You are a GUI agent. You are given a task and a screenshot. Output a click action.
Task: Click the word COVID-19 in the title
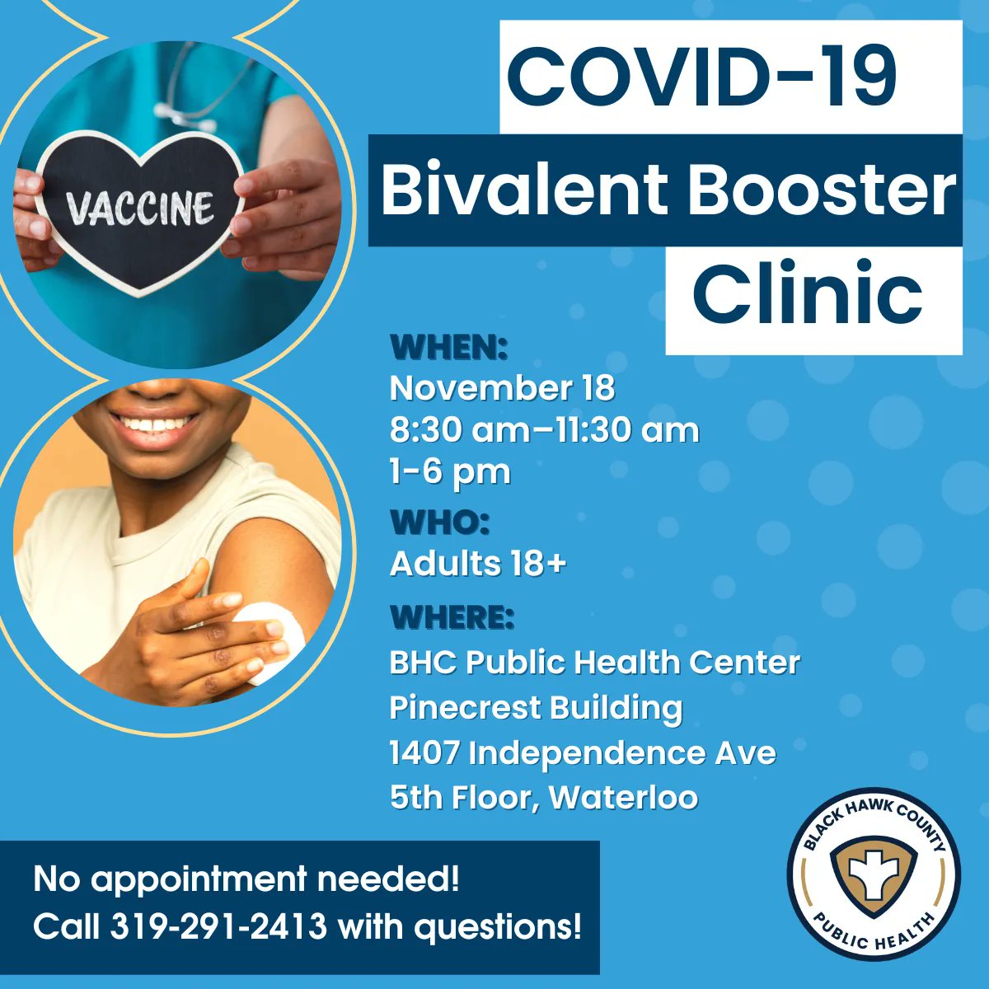[701, 77]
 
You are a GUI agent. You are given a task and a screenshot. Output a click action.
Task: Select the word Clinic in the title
[807, 293]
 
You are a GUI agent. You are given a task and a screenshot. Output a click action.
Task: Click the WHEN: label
[448, 348]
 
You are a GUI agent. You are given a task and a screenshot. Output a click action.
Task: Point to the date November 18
[502, 388]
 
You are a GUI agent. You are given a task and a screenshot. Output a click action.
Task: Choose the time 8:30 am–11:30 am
[544, 430]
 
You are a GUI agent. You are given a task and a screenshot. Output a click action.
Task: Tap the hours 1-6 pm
[450, 472]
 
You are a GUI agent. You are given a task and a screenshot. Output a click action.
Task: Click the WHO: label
[440, 522]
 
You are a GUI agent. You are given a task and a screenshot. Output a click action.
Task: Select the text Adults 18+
[478, 564]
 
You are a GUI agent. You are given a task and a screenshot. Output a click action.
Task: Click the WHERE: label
[452, 616]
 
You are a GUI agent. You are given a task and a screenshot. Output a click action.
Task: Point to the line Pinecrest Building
[536, 707]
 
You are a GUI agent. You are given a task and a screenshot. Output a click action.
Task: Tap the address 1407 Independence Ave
[583, 752]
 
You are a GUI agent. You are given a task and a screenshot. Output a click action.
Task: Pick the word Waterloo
[624, 797]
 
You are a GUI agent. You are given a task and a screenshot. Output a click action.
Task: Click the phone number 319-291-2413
[218, 927]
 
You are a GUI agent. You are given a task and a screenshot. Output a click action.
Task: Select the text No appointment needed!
[246, 879]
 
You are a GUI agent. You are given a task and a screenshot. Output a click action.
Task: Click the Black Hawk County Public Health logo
[874, 874]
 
